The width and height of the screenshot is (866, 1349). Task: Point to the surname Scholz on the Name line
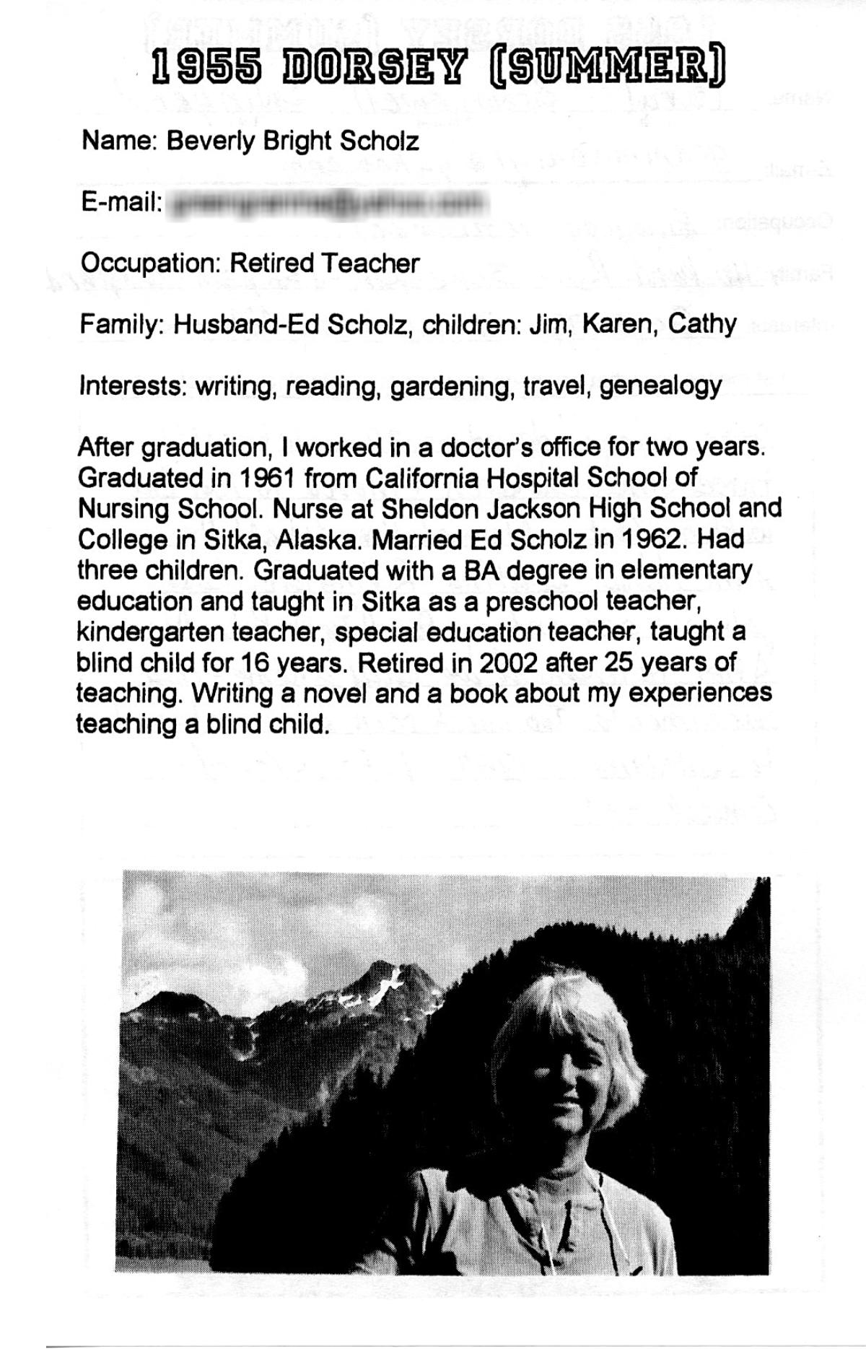click(379, 141)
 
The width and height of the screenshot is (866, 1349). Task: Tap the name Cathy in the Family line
click(701, 325)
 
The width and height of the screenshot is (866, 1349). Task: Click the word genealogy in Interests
click(660, 386)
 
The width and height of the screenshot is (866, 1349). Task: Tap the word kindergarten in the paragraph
click(149, 632)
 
